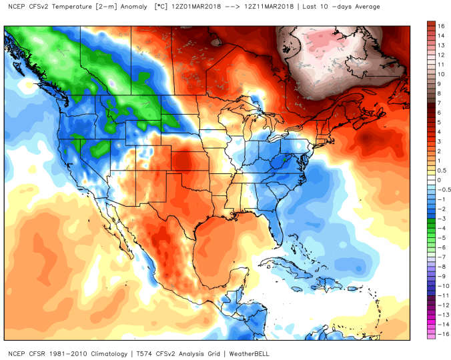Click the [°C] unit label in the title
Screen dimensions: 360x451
click(x=161, y=7)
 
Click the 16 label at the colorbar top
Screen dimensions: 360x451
click(x=441, y=26)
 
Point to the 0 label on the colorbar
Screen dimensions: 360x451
click(x=439, y=180)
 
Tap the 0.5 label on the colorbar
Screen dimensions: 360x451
click(x=441, y=170)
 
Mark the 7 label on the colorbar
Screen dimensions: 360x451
click(x=439, y=103)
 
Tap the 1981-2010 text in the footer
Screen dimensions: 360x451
click(x=69, y=353)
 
